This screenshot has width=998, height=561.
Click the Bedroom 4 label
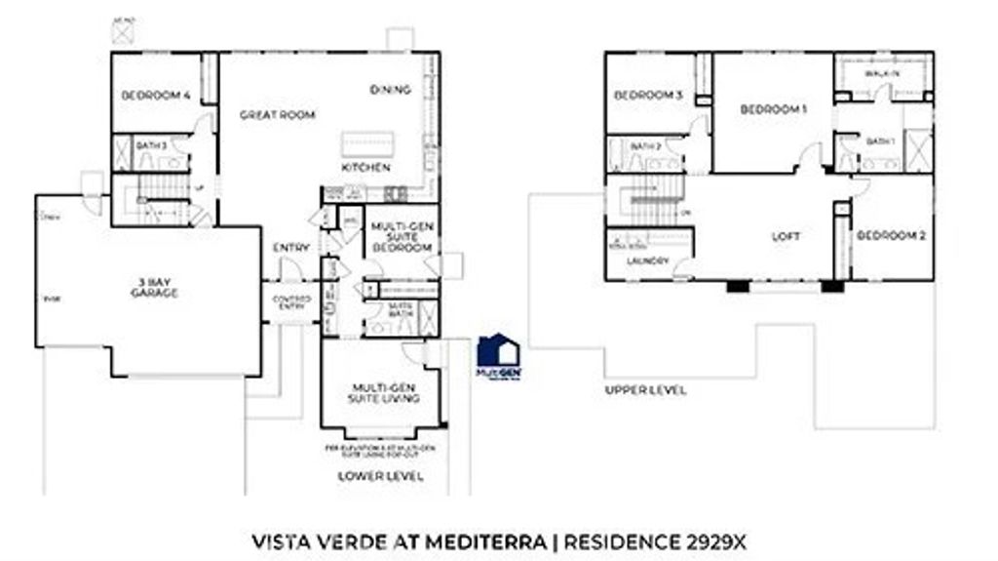pyautogui.click(x=155, y=96)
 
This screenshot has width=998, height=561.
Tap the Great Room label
pyautogui.click(x=278, y=115)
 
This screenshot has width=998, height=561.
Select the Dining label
pyautogui.click(x=390, y=90)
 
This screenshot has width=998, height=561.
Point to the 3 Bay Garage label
pyautogui.click(x=156, y=288)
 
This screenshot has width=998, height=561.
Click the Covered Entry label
pyautogui.click(x=291, y=302)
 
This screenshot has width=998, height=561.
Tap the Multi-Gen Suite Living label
pyautogui.click(x=387, y=393)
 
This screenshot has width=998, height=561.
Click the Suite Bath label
pyautogui.click(x=401, y=309)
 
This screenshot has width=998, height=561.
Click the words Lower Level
pyautogui.click(x=380, y=476)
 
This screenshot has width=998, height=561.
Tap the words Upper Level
pyautogui.click(x=645, y=390)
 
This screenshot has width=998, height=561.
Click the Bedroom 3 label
pyautogui.click(x=647, y=96)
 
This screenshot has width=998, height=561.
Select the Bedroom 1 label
pyautogui.click(x=773, y=109)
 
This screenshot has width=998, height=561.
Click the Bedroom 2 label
pyautogui.click(x=889, y=236)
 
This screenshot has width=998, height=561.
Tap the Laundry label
pyautogui.click(x=648, y=261)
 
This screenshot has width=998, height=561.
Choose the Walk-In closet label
pyautogui.click(x=882, y=74)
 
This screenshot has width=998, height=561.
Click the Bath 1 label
pyautogui.click(x=880, y=142)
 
